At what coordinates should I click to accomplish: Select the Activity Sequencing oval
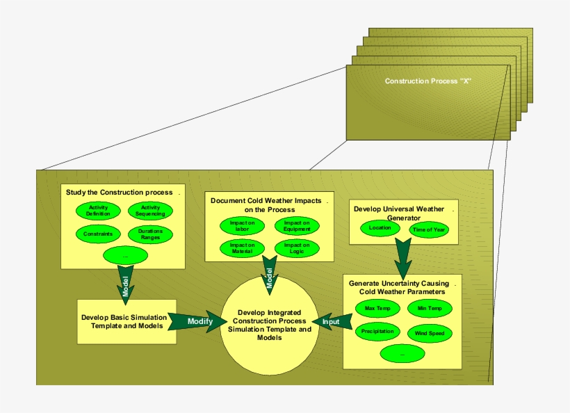click(x=151, y=211)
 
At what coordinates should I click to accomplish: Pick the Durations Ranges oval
click(x=151, y=234)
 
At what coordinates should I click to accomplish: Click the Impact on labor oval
click(x=243, y=225)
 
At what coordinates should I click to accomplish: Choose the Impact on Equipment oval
click(x=297, y=225)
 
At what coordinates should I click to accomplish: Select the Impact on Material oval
click(x=243, y=248)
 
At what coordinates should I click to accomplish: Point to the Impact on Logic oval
click(x=297, y=248)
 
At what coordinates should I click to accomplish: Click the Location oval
click(x=380, y=227)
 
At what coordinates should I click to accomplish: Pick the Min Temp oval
click(x=429, y=308)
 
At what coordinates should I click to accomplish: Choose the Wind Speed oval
click(x=429, y=333)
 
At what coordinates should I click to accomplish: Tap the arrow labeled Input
click(x=332, y=321)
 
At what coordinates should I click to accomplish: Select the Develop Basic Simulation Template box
click(x=126, y=321)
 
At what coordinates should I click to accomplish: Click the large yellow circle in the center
click(x=269, y=326)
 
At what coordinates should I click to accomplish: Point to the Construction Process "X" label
click(x=428, y=81)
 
